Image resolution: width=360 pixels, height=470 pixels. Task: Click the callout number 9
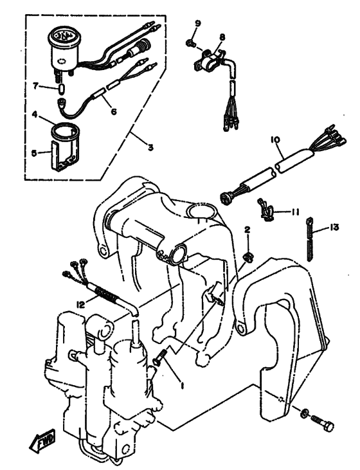198,24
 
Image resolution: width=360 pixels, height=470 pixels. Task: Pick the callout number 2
247,230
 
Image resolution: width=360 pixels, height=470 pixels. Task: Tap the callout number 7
37,85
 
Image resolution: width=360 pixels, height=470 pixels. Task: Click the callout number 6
113,111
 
